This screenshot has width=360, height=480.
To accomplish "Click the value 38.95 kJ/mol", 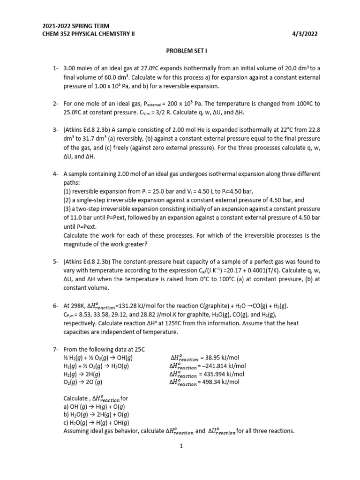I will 226,358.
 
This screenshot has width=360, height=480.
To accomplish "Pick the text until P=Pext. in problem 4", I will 80,226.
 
